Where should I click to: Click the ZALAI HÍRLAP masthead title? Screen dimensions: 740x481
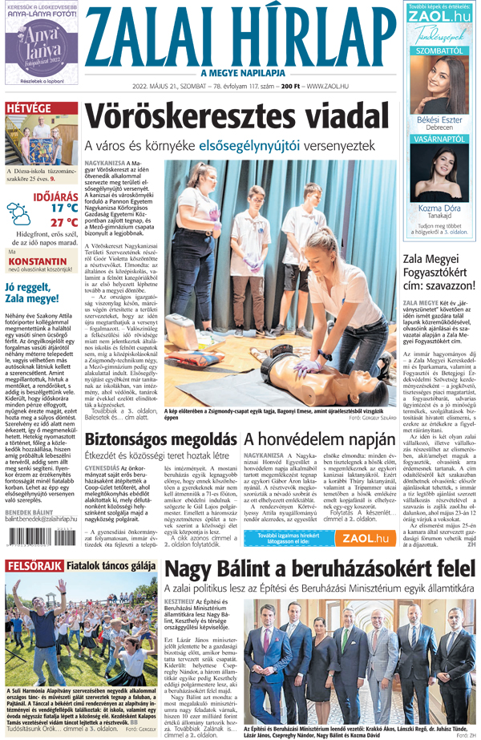click(241, 36)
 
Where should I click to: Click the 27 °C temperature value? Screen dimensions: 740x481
click(63, 223)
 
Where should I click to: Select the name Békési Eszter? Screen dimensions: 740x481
click(438, 119)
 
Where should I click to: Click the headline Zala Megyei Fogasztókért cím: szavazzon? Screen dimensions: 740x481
click(436, 269)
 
